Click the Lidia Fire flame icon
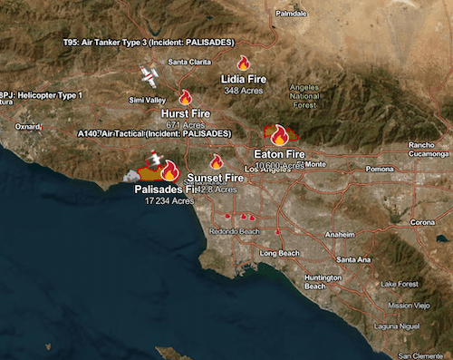pyautogui.click(x=243, y=63)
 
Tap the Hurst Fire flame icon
pyautogui.click(x=185, y=97)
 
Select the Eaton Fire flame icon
pyautogui.click(x=279, y=135)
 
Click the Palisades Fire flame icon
pyautogui.click(x=168, y=170)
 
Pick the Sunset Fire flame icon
pyautogui.click(x=217, y=161)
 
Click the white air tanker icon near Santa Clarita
pyautogui.click(x=150, y=73)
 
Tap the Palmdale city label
pyautogui.click(x=292, y=15)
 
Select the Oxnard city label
pyautogui.click(x=27, y=126)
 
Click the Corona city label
pyautogui.click(x=422, y=223)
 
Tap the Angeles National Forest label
pyautogui.click(x=305, y=94)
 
